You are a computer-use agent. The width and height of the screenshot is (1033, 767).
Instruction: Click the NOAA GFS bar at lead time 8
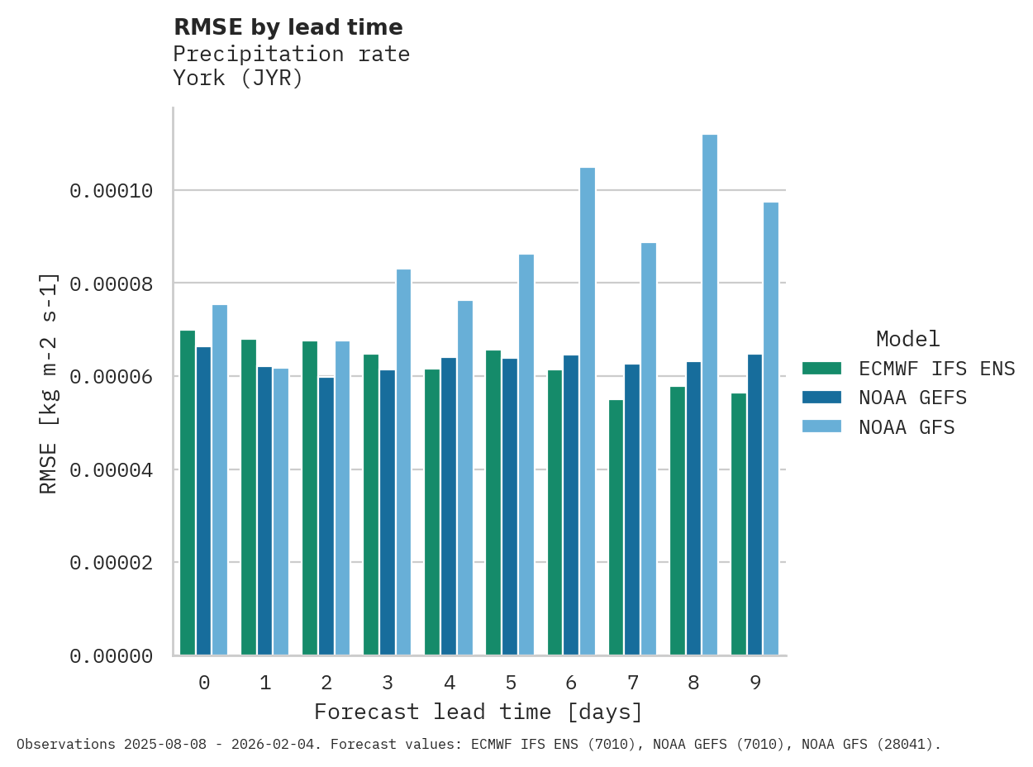[x=710, y=395]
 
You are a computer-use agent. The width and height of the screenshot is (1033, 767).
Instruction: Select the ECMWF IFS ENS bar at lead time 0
[x=188, y=493]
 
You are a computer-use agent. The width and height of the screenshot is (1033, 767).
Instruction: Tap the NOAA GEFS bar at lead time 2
[x=326, y=516]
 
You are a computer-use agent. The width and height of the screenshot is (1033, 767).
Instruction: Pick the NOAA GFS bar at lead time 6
[x=588, y=412]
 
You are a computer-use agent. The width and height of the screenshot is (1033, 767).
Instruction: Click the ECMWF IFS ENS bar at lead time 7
[x=616, y=527]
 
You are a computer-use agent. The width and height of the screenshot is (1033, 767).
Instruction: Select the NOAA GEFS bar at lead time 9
[x=755, y=504]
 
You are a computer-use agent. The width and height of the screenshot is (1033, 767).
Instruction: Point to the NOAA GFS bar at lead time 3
[x=403, y=462]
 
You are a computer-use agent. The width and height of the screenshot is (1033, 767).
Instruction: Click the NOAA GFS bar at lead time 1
[x=281, y=512]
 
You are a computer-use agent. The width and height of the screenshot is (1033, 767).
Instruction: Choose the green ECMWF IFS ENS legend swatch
[x=821, y=368]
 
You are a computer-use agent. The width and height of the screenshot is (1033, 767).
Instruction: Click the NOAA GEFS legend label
[x=912, y=398]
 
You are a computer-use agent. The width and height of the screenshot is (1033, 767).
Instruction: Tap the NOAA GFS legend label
[x=907, y=427]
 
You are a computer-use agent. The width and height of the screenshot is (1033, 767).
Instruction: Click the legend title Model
[x=907, y=339]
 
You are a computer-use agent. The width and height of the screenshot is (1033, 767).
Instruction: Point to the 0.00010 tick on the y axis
[x=112, y=191]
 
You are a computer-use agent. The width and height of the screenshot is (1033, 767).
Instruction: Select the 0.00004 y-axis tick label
[x=112, y=469]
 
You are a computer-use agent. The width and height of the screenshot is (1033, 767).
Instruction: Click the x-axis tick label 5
[x=511, y=683]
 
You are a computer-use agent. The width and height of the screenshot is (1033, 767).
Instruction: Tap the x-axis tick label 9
[x=755, y=683]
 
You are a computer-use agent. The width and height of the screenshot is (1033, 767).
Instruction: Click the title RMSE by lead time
[x=288, y=27]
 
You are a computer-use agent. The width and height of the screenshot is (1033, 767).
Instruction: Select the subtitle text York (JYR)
[x=238, y=79]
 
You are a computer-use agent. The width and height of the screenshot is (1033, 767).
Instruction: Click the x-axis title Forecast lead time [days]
[x=478, y=712]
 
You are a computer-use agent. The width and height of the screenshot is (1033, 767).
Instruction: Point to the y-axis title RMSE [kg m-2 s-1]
[x=49, y=382]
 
